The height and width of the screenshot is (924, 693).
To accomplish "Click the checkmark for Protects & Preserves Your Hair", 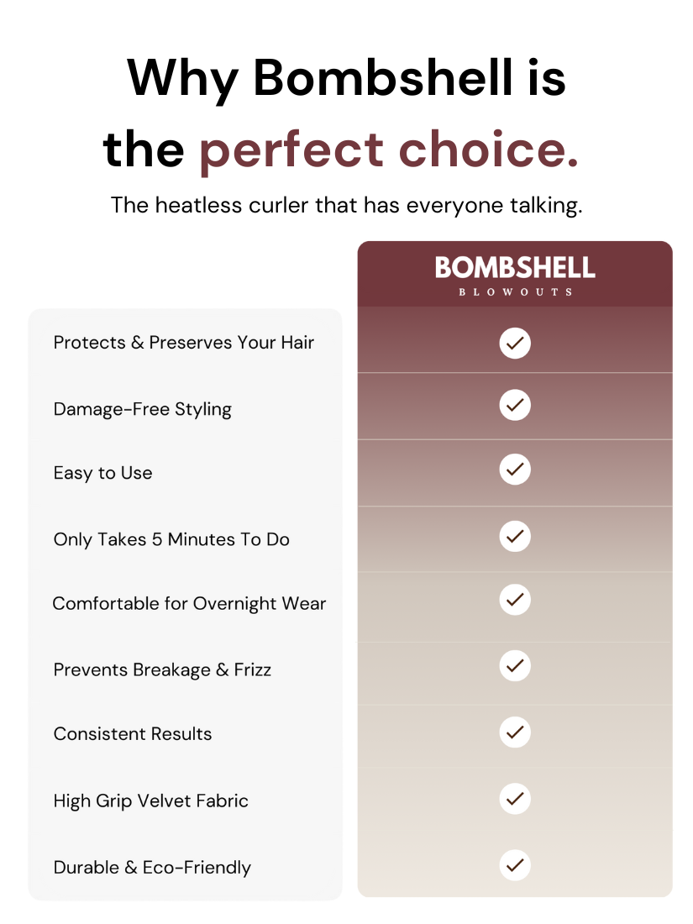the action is coord(515,343).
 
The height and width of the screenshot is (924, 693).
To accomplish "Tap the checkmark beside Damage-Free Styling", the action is coord(515,405).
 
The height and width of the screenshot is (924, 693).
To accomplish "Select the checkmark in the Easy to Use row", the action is coord(515,469).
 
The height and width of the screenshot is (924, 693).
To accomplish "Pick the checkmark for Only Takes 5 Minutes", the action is coord(515,536).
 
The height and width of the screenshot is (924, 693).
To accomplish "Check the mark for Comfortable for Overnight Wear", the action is coord(515,599).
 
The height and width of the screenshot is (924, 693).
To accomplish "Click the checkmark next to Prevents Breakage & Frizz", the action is coord(515,666).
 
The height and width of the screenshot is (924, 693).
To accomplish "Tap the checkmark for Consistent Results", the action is coord(515,732).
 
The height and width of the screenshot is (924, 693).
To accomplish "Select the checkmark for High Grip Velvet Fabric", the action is coord(515,799).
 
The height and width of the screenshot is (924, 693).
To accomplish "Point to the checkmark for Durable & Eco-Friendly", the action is coord(515,865).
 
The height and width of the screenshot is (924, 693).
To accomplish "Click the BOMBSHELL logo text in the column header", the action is coord(515,267).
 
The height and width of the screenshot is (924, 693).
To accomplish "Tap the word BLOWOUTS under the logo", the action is coord(515,291).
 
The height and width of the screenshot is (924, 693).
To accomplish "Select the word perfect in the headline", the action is coord(291,151).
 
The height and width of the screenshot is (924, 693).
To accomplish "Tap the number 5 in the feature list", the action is coord(157,539).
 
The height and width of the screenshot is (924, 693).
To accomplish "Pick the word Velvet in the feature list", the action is coord(164,801).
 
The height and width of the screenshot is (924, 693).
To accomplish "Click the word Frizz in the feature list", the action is coord(252,670).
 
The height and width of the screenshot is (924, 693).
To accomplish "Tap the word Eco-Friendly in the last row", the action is coord(197,868).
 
